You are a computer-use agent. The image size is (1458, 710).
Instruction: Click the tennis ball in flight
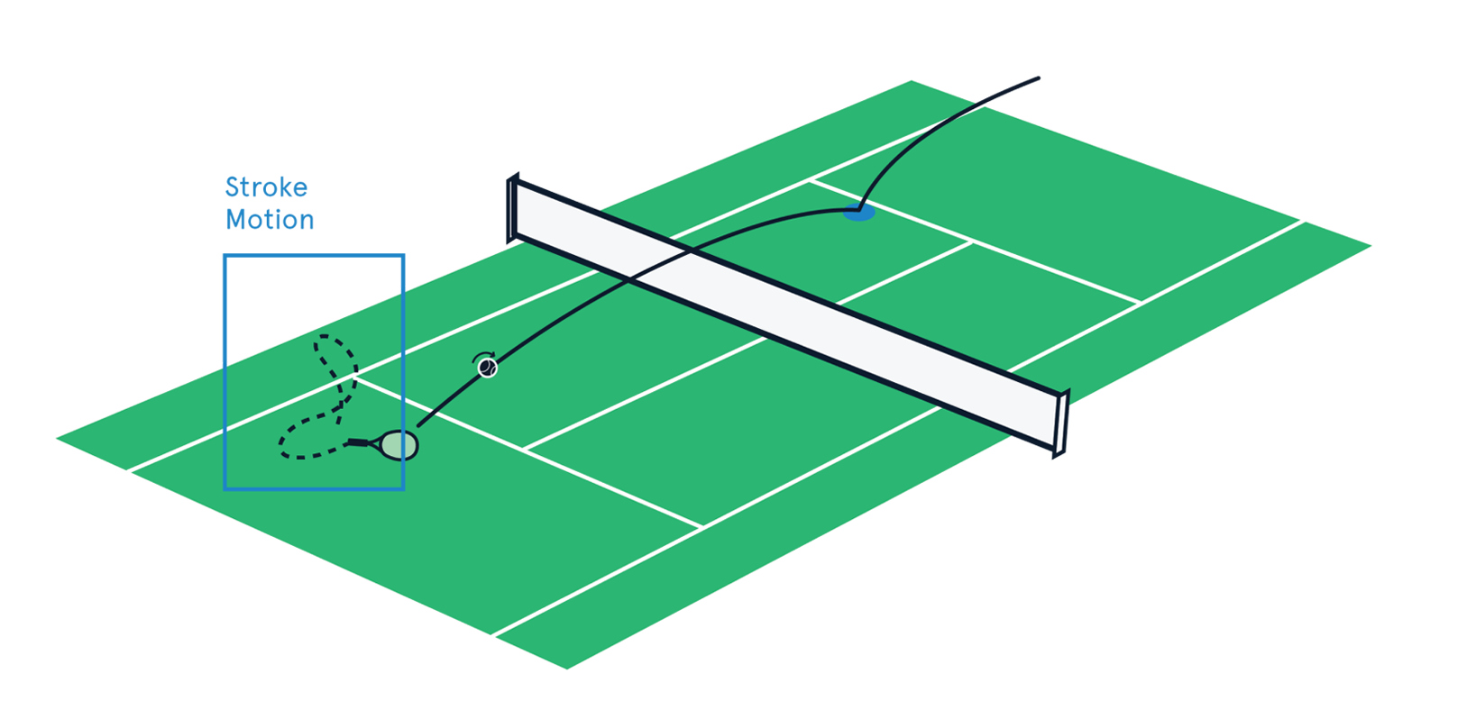coord(488,368)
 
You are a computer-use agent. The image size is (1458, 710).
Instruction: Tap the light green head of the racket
coord(399,445)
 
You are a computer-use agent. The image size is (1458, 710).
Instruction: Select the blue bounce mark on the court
coord(857,214)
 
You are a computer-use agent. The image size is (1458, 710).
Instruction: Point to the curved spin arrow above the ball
coord(484,356)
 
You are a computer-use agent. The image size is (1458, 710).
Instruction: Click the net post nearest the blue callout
coord(513,212)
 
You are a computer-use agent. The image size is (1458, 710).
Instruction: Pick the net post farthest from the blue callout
coord(1061,421)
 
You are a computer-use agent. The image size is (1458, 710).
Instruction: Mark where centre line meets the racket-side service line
coord(525,448)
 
